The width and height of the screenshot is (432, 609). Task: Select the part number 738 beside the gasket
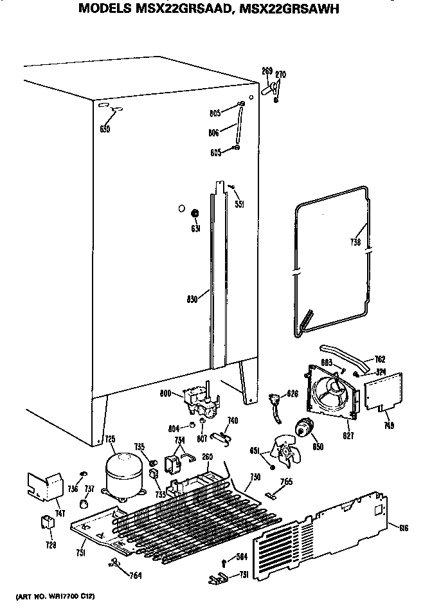[355, 242]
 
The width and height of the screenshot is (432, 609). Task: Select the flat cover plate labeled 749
[383, 392]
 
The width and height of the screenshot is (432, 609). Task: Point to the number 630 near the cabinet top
[105, 129]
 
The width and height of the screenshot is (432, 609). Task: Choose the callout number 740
[233, 420]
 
